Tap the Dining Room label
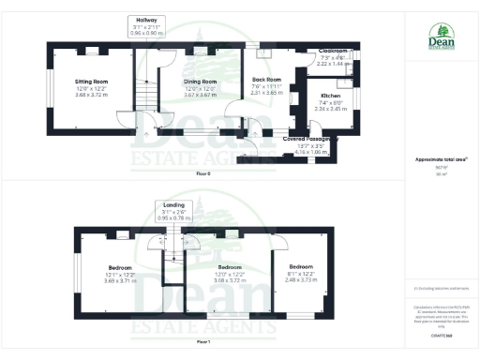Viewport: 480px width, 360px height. pyautogui.click(x=200, y=82)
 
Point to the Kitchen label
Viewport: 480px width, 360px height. pyautogui.click(x=331, y=96)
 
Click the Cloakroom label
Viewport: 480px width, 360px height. pyautogui.click(x=334, y=51)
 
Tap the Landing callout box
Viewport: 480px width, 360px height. pyautogui.click(x=172, y=210)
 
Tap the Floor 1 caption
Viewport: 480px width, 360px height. pyautogui.click(x=203, y=342)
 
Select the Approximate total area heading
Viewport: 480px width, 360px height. pyautogui.click(x=435, y=159)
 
